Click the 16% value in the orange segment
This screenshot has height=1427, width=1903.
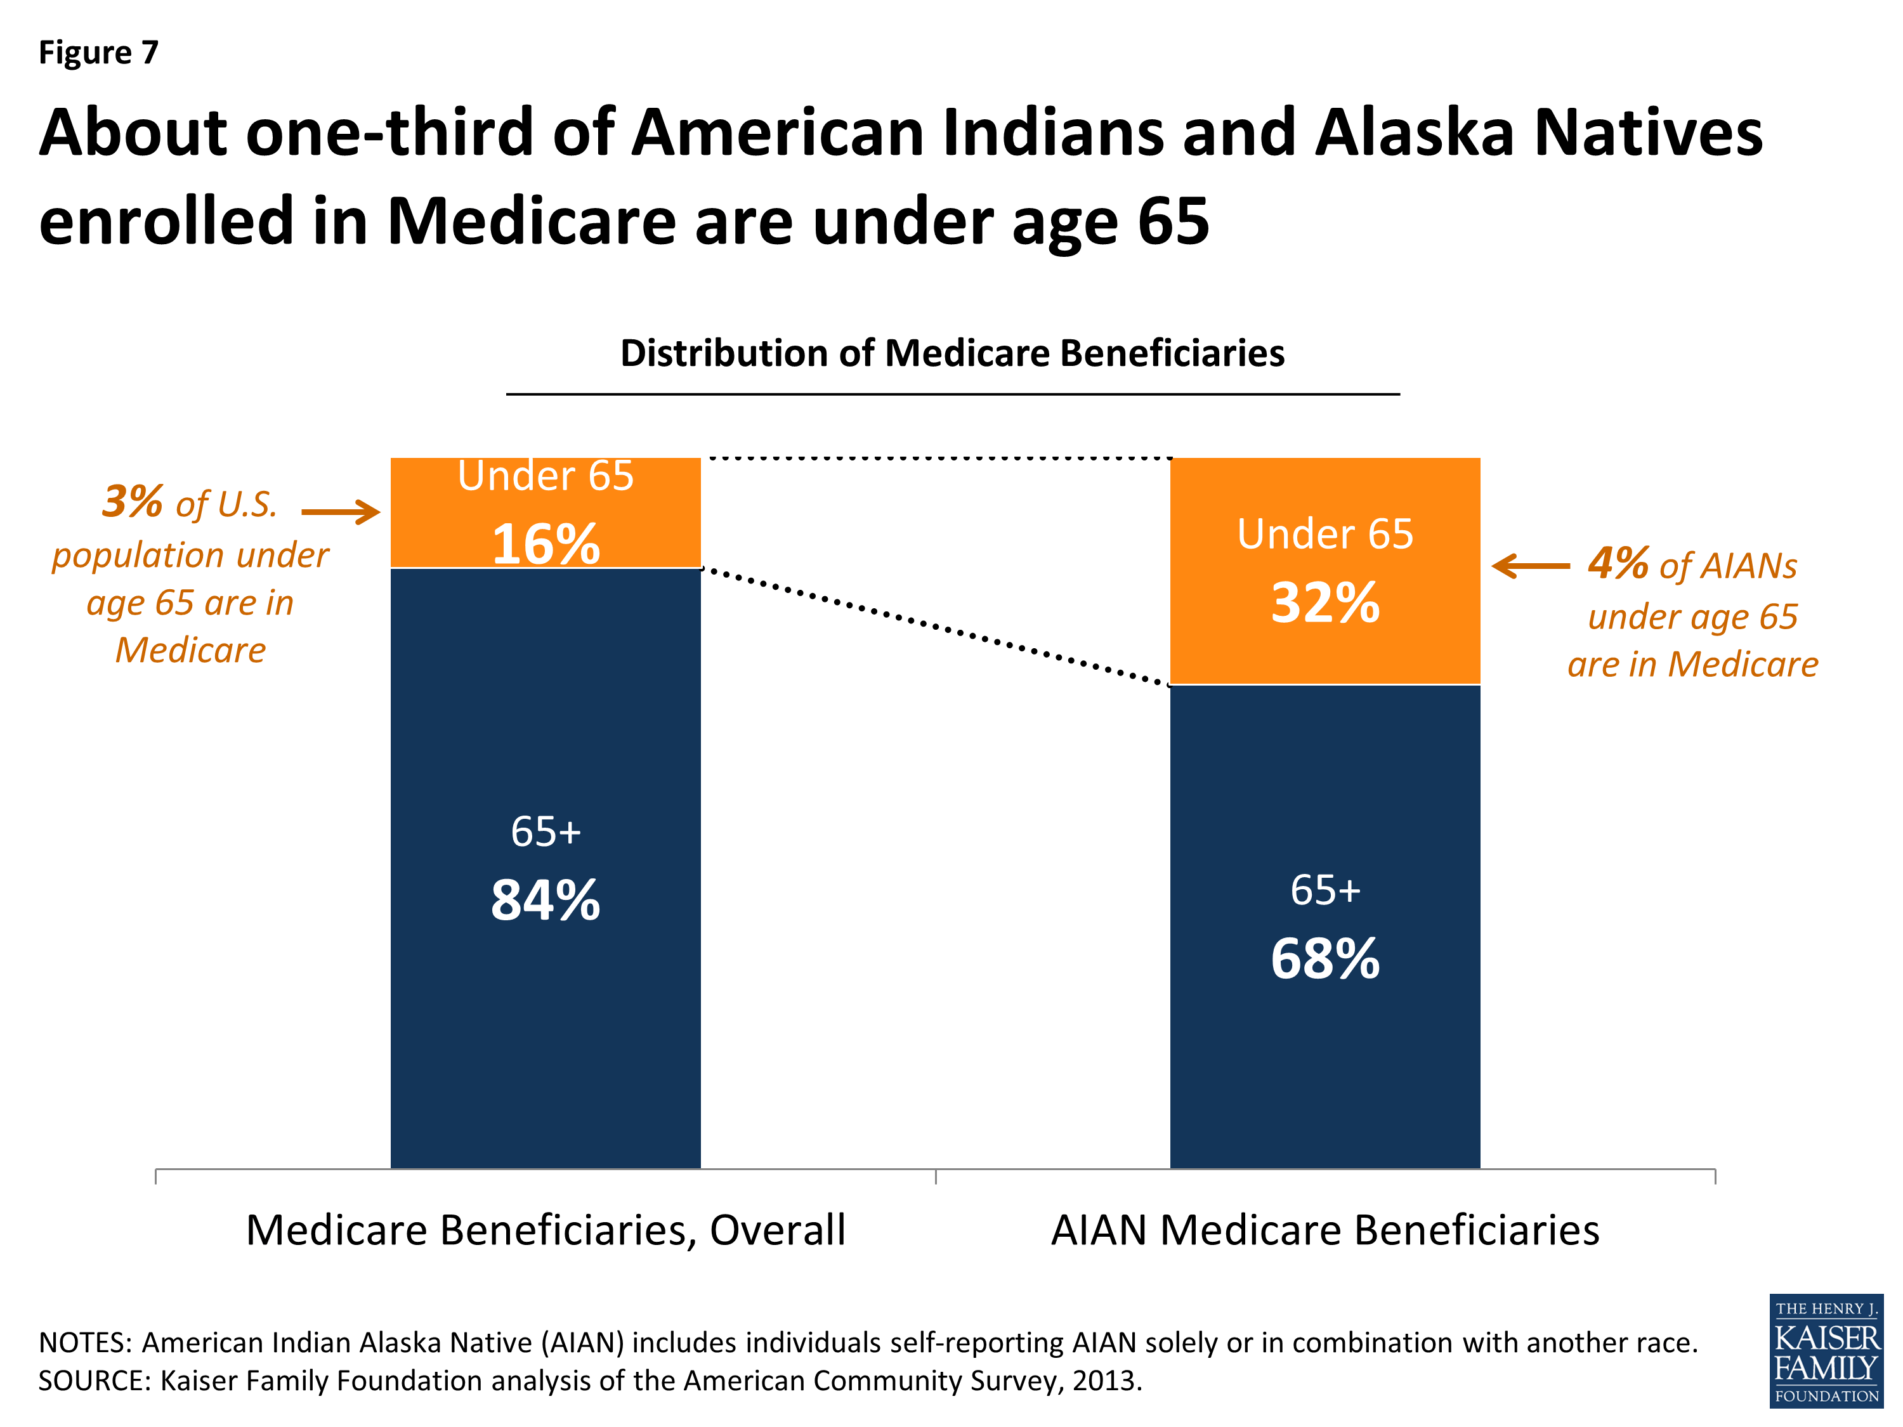pyautogui.click(x=546, y=545)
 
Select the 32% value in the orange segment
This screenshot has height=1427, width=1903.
pyautogui.click(x=1325, y=603)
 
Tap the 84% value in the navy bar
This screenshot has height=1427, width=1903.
pyautogui.click(x=546, y=901)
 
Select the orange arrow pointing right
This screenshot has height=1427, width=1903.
pyautogui.click(x=341, y=512)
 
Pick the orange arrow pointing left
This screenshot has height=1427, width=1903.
pyautogui.click(x=1531, y=566)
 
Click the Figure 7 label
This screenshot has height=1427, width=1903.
pyautogui.click(x=99, y=53)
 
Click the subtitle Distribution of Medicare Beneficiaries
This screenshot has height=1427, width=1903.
pyautogui.click(x=952, y=353)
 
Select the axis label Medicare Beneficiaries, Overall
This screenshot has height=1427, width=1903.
pyautogui.click(x=546, y=1230)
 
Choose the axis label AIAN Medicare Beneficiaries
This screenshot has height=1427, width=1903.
pyautogui.click(x=1325, y=1230)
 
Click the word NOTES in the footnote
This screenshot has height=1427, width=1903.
pyautogui.click(x=84, y=1343)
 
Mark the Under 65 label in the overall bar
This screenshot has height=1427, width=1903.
pyautogui.click(x=546, y=476)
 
